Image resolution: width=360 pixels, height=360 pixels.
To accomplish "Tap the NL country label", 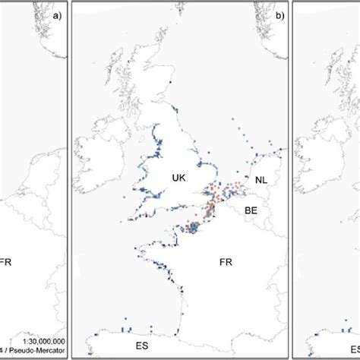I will coord(261,181).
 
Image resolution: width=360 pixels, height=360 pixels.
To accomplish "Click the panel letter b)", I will coord(279,13).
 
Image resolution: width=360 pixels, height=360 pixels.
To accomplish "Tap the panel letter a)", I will coord(58,13).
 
